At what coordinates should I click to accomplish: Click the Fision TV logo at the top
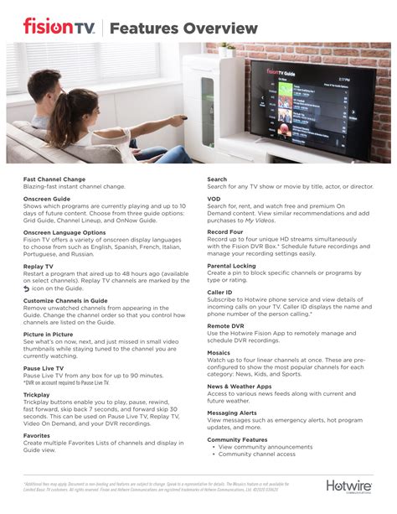tap(58, 28)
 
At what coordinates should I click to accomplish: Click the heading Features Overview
tap(183, 29)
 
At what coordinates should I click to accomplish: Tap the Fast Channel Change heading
tap(54, 179)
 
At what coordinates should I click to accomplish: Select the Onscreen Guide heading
tap(47, 200)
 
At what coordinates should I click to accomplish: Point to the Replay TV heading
tap(39, 265)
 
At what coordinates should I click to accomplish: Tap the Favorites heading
tap(38, 436)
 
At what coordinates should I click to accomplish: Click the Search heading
tap(217, 179)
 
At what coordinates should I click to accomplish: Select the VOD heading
tap(214, 200)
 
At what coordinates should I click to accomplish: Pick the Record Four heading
tap(226, 231)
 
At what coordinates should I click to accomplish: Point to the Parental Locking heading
tap(232, 265)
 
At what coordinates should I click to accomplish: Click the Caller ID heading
tap(221, 293)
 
